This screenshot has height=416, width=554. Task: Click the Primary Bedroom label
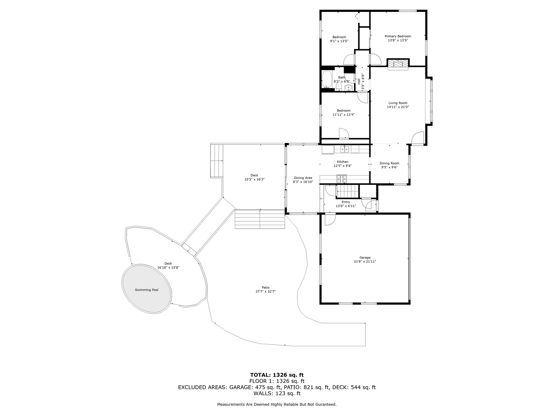[x=397, y=36]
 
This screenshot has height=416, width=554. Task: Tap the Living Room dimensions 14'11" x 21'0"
[x=398, y=107]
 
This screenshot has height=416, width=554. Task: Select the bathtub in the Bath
[x=327, y=79]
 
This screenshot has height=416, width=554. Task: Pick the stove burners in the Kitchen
[x=342, y=179]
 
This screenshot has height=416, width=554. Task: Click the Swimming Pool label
[x=147, y=290]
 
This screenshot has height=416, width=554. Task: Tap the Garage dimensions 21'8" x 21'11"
[x=365, y=262]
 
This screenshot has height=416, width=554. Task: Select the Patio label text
[x=265, y=287]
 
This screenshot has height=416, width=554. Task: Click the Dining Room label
[x=389, y=163]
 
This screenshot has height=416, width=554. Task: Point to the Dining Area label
[x=303, y=178]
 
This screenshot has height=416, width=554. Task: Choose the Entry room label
[x=346, y=202]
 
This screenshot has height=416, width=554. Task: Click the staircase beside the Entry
[x=347, y=191]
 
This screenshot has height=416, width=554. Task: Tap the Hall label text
[x=359, y=81]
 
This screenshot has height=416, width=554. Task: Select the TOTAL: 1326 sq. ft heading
[x=277, y=374]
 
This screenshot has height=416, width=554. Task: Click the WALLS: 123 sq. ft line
[x=277, y=393]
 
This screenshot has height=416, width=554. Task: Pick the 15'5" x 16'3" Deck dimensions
[x=254, y=179]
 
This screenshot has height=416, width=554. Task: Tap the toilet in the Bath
[x=339, y=87]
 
